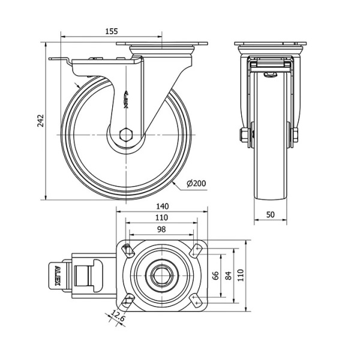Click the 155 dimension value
(x=112, y=31)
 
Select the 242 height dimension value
(x=41, y=121)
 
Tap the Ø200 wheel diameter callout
(x=196, y=184)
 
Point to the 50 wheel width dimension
(x=271, y=214)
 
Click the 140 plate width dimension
(x=163, y=206)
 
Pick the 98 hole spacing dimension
(x=161, y=229)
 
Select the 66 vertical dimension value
(x=215, y=275)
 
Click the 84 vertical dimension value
(x=229, y=275)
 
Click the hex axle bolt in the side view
(x=126, y=135)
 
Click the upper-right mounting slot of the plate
(x=196, y=250)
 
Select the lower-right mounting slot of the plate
(x=196, y=301)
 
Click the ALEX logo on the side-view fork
(x=127, y=100)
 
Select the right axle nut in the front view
(x=295, y=135)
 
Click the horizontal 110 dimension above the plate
(x=161, y=217)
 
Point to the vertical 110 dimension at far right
(x=240, y=275)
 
